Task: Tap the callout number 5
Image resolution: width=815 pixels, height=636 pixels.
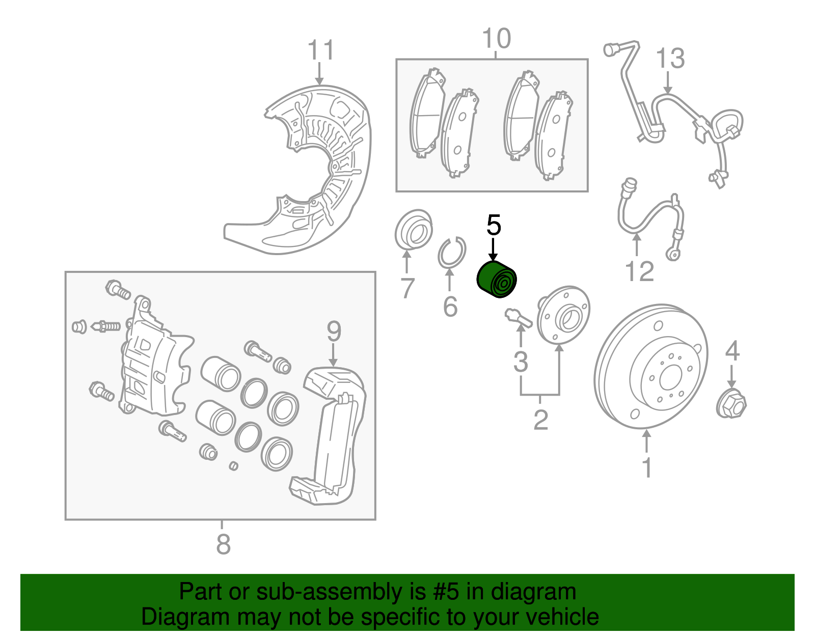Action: coord(494,225)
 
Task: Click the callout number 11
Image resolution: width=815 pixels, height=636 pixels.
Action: coord(320,50)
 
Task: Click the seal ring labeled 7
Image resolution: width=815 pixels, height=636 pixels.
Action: coord(413,230)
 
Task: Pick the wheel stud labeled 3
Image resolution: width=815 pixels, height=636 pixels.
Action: coord(519,318)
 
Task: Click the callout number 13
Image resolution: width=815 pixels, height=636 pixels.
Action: coord(670,58)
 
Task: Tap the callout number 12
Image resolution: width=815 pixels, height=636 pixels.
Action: coord(639,271)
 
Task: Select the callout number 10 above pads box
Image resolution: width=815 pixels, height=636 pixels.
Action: coord(496,39)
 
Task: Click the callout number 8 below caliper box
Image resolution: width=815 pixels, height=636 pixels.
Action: coord(223,544)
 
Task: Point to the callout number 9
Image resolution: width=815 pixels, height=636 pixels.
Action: coord(334,331)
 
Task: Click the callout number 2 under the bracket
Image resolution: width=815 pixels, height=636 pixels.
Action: coord(540,420)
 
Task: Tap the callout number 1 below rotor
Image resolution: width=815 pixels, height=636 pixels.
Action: coord(647,467)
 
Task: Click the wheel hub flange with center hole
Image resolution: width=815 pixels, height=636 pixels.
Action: coord(564,316)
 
